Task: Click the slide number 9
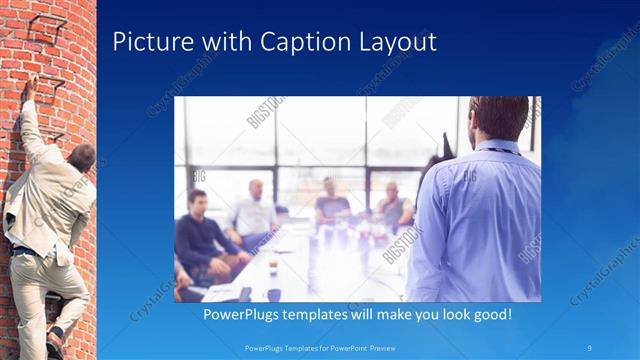point(591,347)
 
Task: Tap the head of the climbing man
point(82,157)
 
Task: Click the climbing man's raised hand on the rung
point(31,86)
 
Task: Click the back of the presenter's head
point(497,118)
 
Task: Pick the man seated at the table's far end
point(331,200)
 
